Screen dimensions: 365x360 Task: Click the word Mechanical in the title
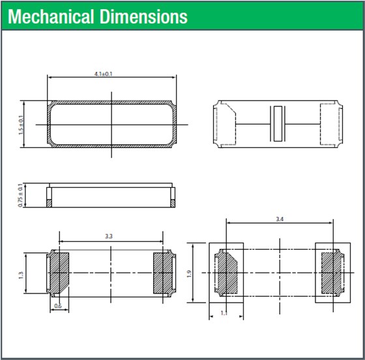[x=51, y=16]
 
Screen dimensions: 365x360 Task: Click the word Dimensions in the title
[x=143, y=16]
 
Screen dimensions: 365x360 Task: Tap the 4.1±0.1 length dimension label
[x=104, y=74]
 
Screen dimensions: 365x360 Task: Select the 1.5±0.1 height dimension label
[x=21, y=125]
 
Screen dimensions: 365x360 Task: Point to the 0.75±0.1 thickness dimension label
[x=20, y=195]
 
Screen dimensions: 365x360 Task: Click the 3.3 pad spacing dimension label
[x=109, y=236]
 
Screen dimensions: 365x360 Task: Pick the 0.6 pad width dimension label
[x=58, y=306]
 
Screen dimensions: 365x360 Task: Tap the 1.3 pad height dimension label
[x=21, y=275]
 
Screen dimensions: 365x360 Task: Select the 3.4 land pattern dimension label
[x=280, y=219]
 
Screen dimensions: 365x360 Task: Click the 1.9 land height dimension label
[x=189, y=274]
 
